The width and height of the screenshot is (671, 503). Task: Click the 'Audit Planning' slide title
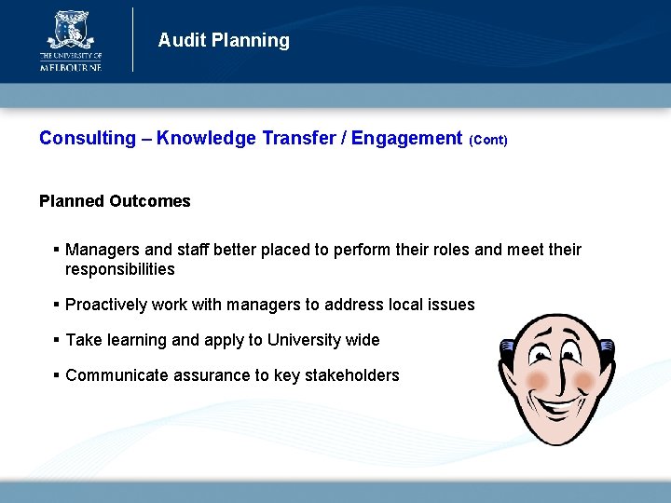[x=224, y=40]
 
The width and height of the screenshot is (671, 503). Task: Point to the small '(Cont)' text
[x=488, y=141]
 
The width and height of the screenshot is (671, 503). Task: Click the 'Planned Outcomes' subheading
[x=115, y=201]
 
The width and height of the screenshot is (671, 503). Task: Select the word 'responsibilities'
[x=120, y=269]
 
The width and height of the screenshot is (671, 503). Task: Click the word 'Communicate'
[x=116, y=375]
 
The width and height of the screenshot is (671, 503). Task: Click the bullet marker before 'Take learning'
[x=57, y=340]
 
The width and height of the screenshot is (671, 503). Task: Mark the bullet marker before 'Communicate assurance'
[x=57, y=375]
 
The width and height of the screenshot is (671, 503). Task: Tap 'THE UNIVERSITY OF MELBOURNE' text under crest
[x=70, y=62]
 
